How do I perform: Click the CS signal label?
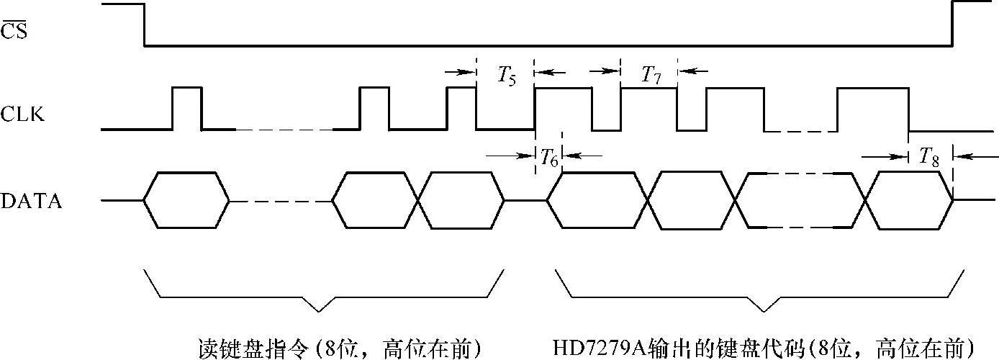pyautogui.click(x=14, y=30)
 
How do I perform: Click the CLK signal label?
pyautogui.click(x=23, y=114)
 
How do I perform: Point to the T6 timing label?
pyautogui.click(x=548, y=159)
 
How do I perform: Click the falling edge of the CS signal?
pyautogui.click(x=145, y=24)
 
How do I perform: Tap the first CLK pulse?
pyautogui.click(x=187, y=108)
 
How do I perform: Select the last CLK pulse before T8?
pyautogui.click(x=873, y=108)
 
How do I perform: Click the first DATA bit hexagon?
pyautogui.click(x=187, y=200)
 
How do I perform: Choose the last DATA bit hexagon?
pyautogui.click(x=909, y=200)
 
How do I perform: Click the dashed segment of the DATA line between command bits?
pyautogui.click(x=281, y=200)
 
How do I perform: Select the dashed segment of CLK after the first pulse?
pyautogui.click(x=284, y=130)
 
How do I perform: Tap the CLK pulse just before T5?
pyautogui.click(x=461, y=108)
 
